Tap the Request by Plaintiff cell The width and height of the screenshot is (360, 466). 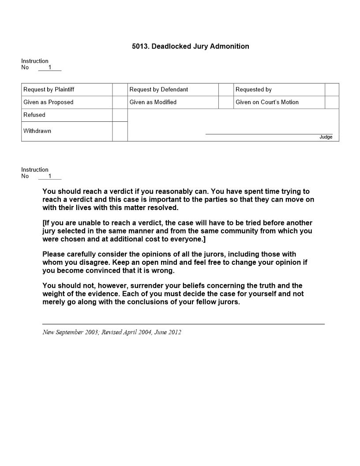pos(49,90)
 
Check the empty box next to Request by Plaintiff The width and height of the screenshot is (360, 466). pos(120,90)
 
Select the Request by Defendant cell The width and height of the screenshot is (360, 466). pos(159,90)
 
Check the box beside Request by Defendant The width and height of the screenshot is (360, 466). pos(226,90)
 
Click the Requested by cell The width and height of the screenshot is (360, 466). pos(254,90)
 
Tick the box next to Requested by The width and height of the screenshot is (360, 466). pos(332,90)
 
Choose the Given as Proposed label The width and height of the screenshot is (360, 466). pos(49,102)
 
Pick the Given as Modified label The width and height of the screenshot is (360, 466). pos(153,102)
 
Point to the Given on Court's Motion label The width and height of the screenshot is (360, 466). pos(267,102)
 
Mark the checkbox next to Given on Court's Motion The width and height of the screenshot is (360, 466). pos(332,102)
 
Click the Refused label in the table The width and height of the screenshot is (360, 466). pos(34,115)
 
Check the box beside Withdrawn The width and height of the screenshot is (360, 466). pos(120,132)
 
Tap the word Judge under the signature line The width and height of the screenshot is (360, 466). pos(326,137)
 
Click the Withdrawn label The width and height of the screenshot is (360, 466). pos(37,131)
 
